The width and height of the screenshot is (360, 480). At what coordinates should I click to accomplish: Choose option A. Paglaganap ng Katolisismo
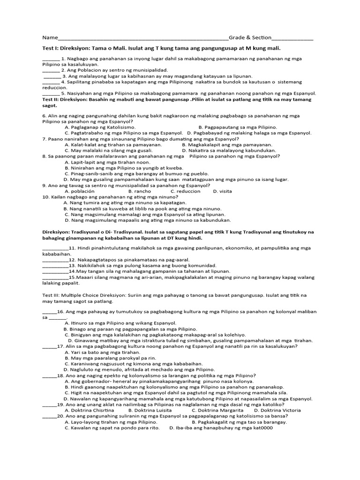point(100,127)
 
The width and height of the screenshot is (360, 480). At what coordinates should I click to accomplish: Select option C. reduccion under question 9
point(186,191)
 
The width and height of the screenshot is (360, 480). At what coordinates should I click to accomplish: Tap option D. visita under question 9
point(222,191)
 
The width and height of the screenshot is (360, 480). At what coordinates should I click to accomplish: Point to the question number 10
point(46,197)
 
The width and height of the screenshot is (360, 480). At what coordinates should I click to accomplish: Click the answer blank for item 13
point(55,265)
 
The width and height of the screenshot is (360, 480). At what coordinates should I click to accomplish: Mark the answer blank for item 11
point(55,247)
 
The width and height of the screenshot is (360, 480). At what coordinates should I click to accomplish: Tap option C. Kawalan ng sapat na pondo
point(112,427)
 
